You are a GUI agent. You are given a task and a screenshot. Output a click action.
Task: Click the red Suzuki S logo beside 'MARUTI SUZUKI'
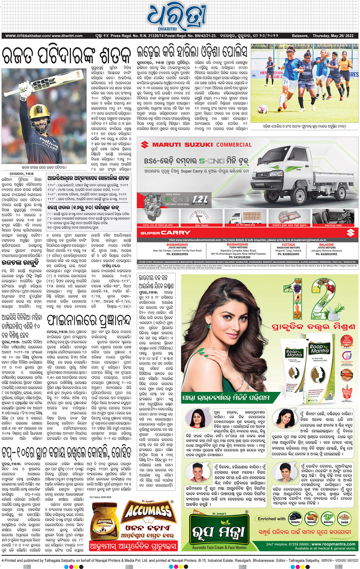coord(144,145)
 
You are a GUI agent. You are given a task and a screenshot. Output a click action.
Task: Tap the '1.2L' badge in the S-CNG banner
coord(200,199)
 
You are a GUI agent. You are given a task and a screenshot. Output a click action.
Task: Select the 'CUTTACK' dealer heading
coord(288,245)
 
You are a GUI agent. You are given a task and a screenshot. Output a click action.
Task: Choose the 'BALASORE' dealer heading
coord(326,245)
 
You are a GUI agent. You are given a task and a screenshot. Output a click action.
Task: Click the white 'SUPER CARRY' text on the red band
coord(165,233)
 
